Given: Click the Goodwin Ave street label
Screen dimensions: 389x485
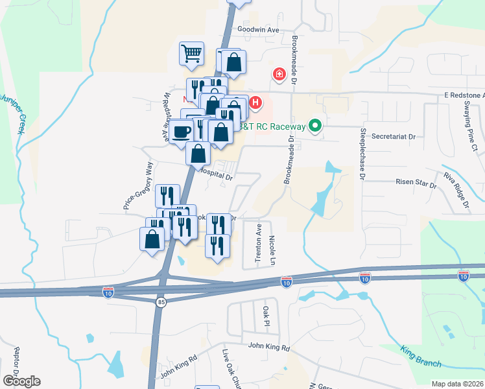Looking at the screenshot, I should point(257,30).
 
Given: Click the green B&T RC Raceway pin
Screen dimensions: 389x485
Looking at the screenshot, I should point(316,126).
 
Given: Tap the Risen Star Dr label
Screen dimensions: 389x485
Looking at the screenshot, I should point(416,183).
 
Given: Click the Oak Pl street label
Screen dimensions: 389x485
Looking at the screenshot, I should point(266,316).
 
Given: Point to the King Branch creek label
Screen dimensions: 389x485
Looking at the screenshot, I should point(421,355).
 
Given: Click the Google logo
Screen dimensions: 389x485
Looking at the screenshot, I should point(21,381).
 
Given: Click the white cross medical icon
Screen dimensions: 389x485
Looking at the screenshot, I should point(279,75).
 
